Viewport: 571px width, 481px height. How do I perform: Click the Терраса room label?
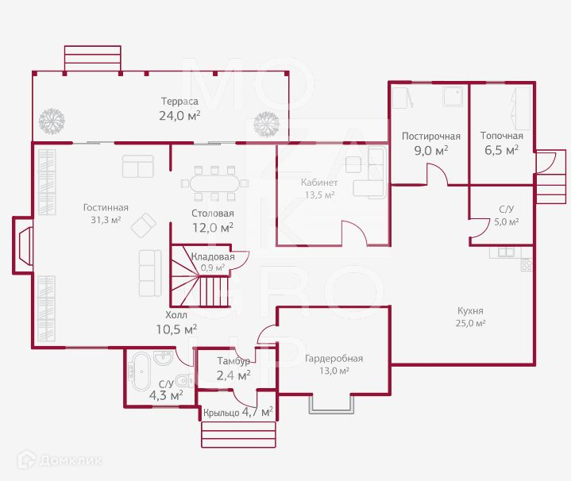tap(179, 101)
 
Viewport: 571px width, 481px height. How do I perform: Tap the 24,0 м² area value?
tap(179, 115)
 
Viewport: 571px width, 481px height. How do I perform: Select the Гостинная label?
tap(106, 208)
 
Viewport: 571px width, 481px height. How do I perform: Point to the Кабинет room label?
tap(319, 183)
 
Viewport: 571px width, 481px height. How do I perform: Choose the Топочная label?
tap(501, 136)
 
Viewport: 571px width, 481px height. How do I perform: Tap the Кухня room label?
tap(470, 310)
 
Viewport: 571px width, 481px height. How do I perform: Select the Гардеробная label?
tap(334, 358)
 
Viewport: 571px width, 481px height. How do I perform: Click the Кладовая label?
tap(213, 257)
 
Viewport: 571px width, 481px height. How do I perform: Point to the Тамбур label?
tap(233, 361)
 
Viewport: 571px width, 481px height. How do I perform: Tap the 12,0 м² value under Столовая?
tap(212, 227)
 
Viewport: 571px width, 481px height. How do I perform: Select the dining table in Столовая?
tap(213, 183)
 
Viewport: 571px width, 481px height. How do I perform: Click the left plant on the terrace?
tap(52, 121)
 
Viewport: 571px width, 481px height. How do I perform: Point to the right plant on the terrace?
tap(266, 123)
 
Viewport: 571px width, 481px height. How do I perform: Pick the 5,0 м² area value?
tap(507, 222)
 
